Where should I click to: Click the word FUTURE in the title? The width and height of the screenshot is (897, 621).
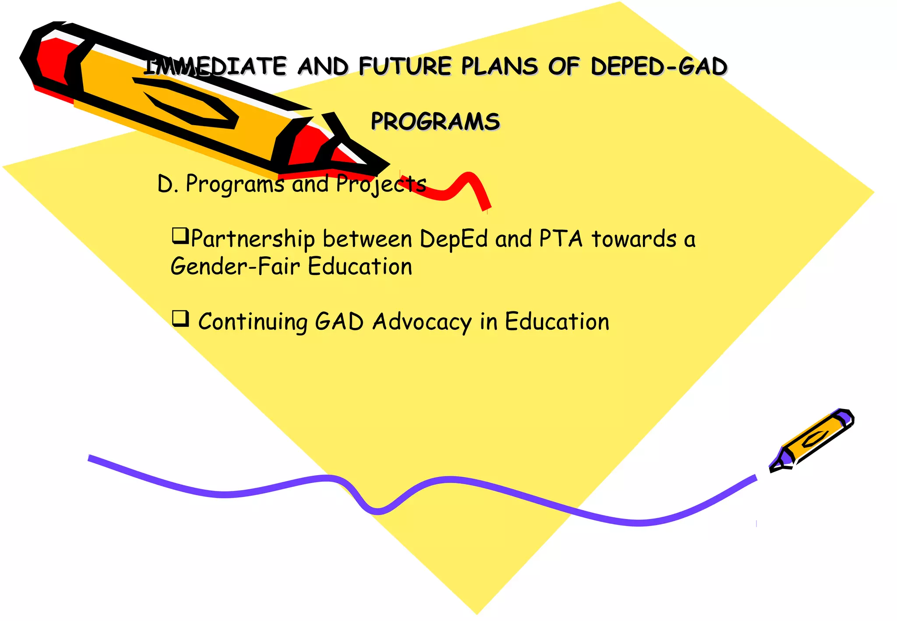pos(405,67)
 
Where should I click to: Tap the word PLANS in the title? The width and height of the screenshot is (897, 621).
pos(499,67)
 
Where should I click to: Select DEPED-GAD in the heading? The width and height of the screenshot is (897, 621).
pos(658,67)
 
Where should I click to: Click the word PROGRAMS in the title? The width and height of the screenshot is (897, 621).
pos(435,121)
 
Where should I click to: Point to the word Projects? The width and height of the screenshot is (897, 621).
pos(381,184)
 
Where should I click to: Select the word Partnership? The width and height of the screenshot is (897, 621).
pos(253,240)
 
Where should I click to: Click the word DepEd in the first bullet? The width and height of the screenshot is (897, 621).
pos(454,240)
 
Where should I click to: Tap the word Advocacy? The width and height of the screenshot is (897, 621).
pos(422,322)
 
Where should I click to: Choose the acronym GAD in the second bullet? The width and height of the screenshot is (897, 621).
pos(339,321)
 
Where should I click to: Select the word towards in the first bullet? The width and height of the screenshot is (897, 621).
pos(634,239)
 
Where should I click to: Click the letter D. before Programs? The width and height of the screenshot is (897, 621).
pos(167,184)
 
